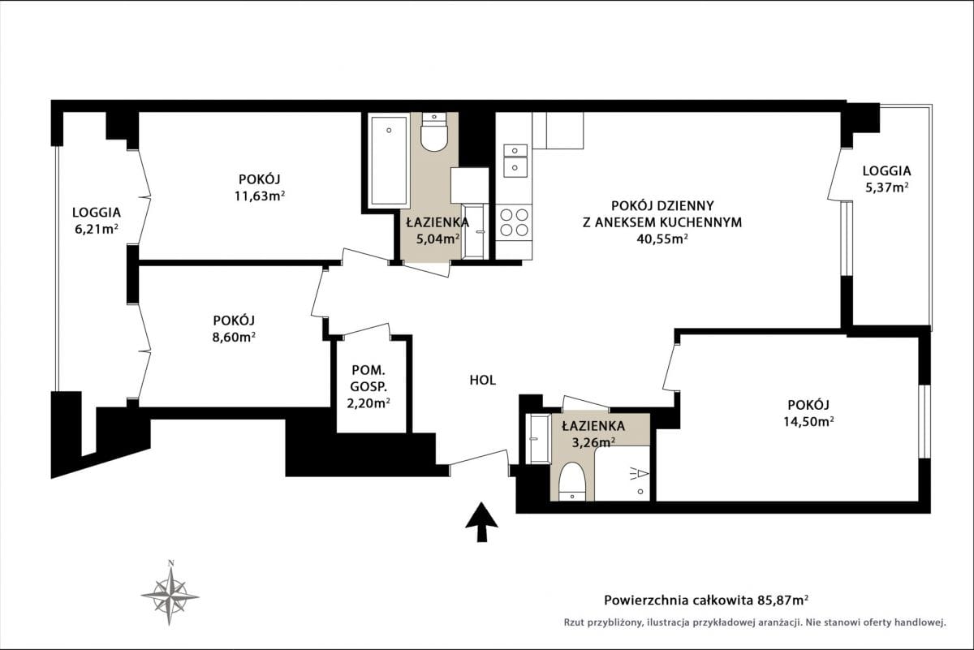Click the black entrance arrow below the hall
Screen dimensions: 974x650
point(481,522)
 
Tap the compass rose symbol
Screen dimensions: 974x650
point(170,596)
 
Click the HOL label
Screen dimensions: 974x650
point(483,381)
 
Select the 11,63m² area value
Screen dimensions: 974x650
point(260,196)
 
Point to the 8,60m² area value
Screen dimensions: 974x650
point(234,337)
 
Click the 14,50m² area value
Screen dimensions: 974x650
point(808,421)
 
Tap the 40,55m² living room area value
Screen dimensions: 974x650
point(662,239)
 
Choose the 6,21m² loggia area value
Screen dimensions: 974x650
point(97,229)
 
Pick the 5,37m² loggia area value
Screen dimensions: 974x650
point(886,187)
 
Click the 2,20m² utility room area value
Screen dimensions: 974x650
point(368,403)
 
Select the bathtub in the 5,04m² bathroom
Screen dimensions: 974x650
point(389,161)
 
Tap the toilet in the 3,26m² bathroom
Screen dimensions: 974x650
point(572,482)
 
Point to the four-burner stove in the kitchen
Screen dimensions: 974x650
point(514,222)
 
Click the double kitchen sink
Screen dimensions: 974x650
point(515,161)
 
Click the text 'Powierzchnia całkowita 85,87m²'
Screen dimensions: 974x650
point(706,600)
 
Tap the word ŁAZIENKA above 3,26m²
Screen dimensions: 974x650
point(593,426)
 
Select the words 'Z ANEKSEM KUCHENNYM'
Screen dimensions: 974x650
point(662,222)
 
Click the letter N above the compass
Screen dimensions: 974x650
point(171,563)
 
